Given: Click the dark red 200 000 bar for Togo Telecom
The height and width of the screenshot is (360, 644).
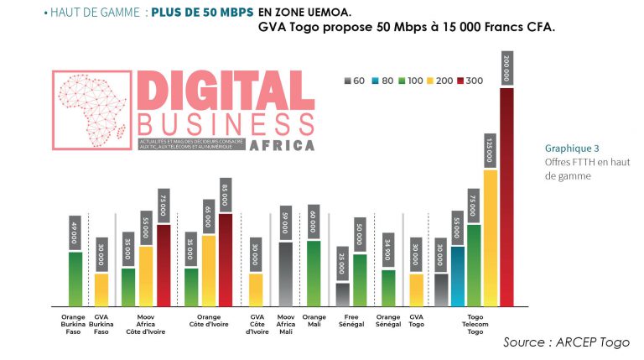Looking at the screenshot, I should click(x=506, y=196).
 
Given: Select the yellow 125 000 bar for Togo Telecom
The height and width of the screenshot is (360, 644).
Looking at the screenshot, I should click(x=491, y=237).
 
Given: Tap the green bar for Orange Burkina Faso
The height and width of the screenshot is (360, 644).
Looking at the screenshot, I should click(x=75, y=278).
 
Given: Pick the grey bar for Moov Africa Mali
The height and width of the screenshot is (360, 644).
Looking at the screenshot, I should click(x=285, y=274).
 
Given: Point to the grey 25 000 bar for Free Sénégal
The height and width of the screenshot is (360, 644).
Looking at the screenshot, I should click(x=342, y=294).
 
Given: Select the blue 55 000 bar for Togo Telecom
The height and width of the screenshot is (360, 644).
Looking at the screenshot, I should click(x=457, y=275).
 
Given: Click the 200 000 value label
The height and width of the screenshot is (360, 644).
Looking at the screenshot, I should click(x=506, y=67).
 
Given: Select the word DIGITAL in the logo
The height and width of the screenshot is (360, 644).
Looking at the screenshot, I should click(x=225, y=90).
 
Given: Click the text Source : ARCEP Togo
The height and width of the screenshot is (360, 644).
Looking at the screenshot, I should click(x=566, y=342).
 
